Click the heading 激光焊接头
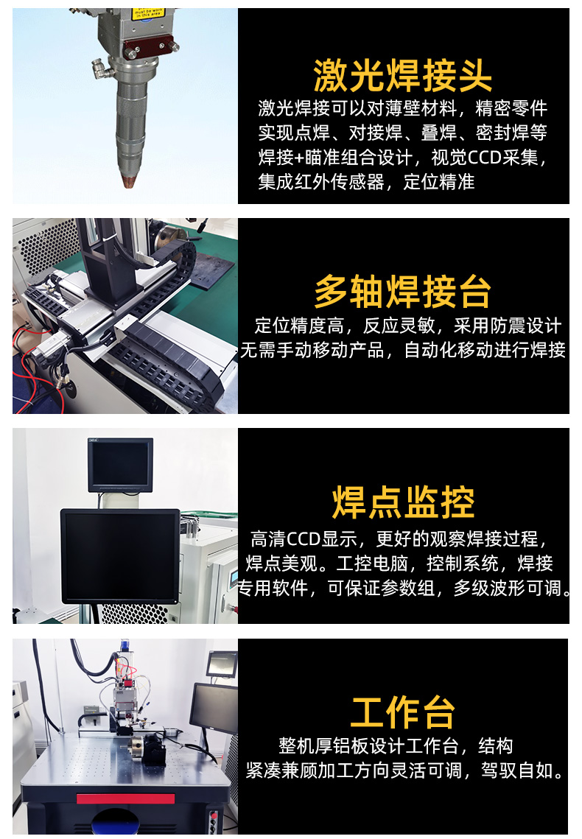402,75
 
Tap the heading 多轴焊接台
402,292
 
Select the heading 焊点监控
402,503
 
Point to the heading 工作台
402,712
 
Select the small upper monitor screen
120,464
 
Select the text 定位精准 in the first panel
439,182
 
